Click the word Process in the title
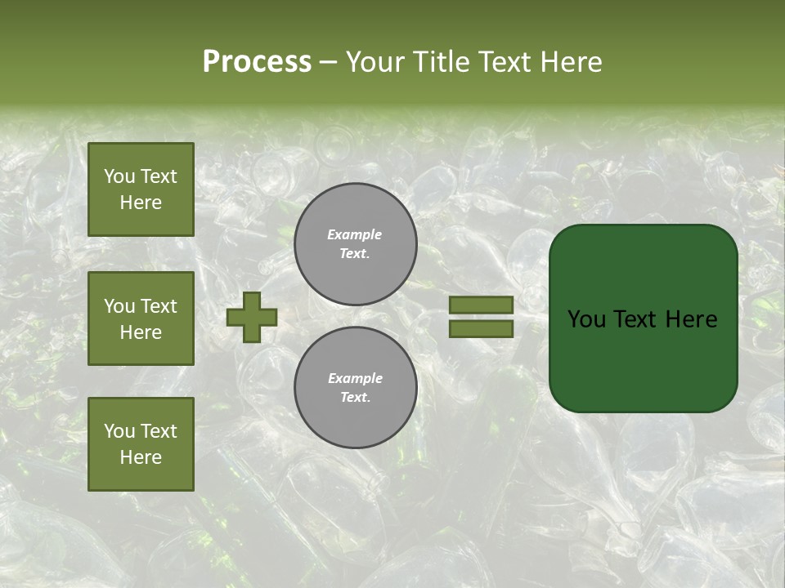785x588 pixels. [257, 62]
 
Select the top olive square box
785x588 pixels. [141, 189]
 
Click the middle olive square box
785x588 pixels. [141, 318]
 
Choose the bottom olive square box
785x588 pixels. [141, 443]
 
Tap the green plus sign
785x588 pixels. [252, 317]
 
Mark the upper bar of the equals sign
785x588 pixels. [481, 305]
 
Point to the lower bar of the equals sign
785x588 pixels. [481, 328]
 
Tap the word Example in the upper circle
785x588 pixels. [355, 234]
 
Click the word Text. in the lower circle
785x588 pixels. [355, 397]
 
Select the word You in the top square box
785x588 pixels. [119, 176]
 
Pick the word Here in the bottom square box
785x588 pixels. [141, 457]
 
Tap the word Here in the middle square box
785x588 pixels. [141, 332]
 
